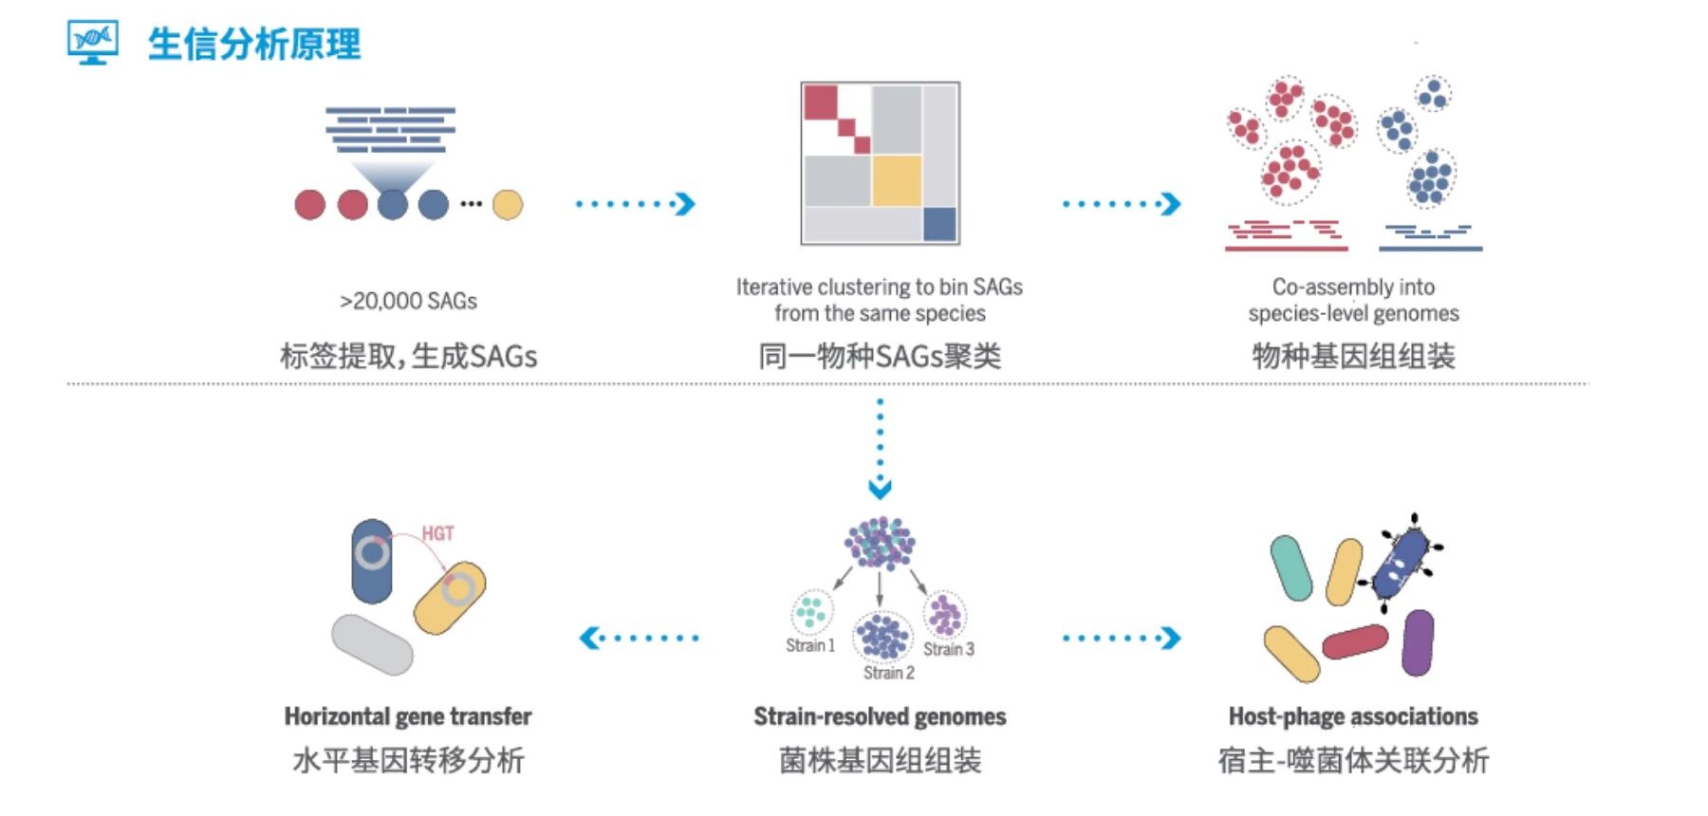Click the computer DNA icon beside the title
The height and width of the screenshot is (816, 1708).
click(92, 42)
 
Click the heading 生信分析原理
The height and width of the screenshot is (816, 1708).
click(254, 45)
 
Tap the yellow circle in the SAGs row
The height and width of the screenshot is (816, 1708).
click(508, 204)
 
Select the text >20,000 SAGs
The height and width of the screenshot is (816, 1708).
click(408, 301)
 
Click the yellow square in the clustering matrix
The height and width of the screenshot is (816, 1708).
click(896, 180)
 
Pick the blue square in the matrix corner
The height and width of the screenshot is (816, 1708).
click(939, 225)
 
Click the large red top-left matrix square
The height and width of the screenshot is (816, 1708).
click(821, 102)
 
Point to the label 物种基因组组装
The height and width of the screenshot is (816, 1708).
click(1353, 357)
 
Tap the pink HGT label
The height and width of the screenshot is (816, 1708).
click(437, 533)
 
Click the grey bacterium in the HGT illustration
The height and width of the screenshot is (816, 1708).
click(372, 644)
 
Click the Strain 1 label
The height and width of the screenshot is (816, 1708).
click(810, 646)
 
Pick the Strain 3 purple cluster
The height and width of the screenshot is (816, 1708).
click(944, 614)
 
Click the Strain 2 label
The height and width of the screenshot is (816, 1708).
click(889, 673)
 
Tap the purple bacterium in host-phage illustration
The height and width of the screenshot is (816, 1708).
click(1417, 642)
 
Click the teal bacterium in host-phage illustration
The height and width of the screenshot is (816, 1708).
click(1290, 567)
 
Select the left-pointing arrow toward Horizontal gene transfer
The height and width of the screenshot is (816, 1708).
click(638, 638)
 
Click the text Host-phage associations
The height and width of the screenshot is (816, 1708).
click(1353, 716)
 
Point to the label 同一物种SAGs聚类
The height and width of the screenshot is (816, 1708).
click(880, 357)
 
